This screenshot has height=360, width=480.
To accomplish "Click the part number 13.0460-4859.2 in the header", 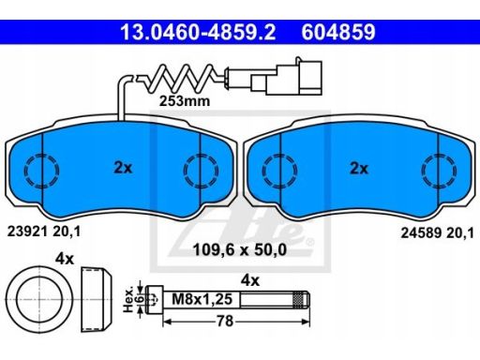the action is click(198, 32).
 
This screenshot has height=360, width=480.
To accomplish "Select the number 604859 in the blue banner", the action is click(338, 32).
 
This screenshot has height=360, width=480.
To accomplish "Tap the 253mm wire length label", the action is click(185, 101).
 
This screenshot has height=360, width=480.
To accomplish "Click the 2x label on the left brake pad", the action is click(123, 168).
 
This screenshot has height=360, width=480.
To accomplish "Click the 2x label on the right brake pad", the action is click(359, 169).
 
